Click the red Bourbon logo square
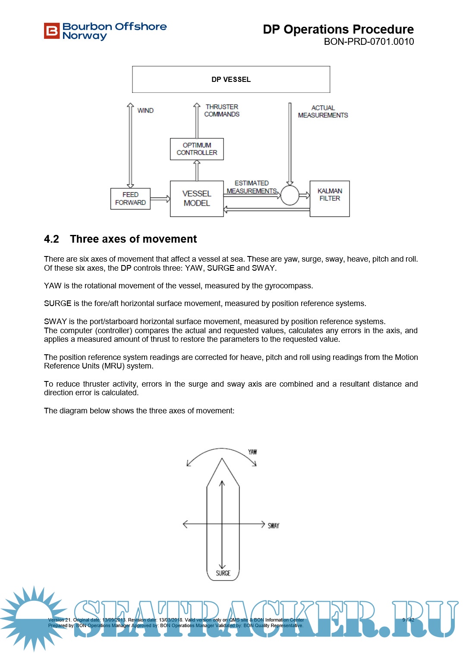(x=51, y=31)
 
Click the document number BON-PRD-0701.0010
(x=368, y=42)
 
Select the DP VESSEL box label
(x=231, y=80)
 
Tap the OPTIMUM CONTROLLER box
(x=197, y=149)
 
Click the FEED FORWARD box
(x=130, y=199)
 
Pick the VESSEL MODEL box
(x=197, y=199)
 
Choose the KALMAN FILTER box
(x=330, y=198)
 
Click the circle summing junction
(x=290, y=195)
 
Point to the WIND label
(x=145, y=111)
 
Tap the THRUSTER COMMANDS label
(x=222, y=110)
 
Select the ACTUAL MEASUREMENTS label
(x=323, y=112)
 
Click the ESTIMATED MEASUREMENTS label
(x=252, y=187)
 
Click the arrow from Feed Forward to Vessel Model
(x=160, y=199)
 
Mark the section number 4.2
(x=51, y=239)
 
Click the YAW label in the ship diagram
(x=252, y=452)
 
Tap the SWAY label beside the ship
(x=274, y=526)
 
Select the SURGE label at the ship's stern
(x=223, y=573)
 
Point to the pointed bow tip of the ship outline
(x=222, y=459)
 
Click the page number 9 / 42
(x=408, y=620)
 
